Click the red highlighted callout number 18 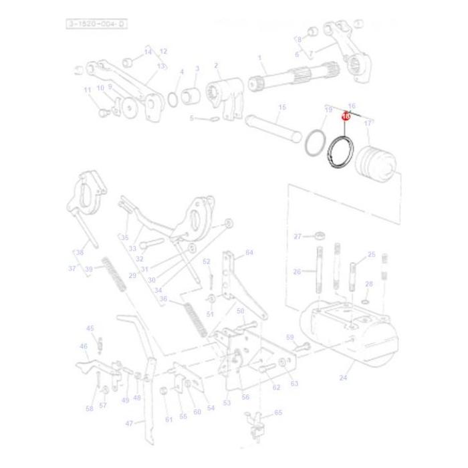coord(346,116)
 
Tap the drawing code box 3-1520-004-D coord(96,24)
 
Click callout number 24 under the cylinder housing coord(343,378)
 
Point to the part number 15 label coord(281,108)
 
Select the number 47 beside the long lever coord(130,423)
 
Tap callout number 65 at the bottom coord(278,413)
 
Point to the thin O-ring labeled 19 coord(315,144)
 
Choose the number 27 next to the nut coord(298,236)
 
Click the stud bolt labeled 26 coord(319,270)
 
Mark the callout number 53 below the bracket coord(227,402)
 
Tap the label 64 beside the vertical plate coord(249,253)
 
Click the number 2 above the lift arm coord(216,66)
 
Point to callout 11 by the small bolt coord(87,90)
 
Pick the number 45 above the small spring coord(90,328)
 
